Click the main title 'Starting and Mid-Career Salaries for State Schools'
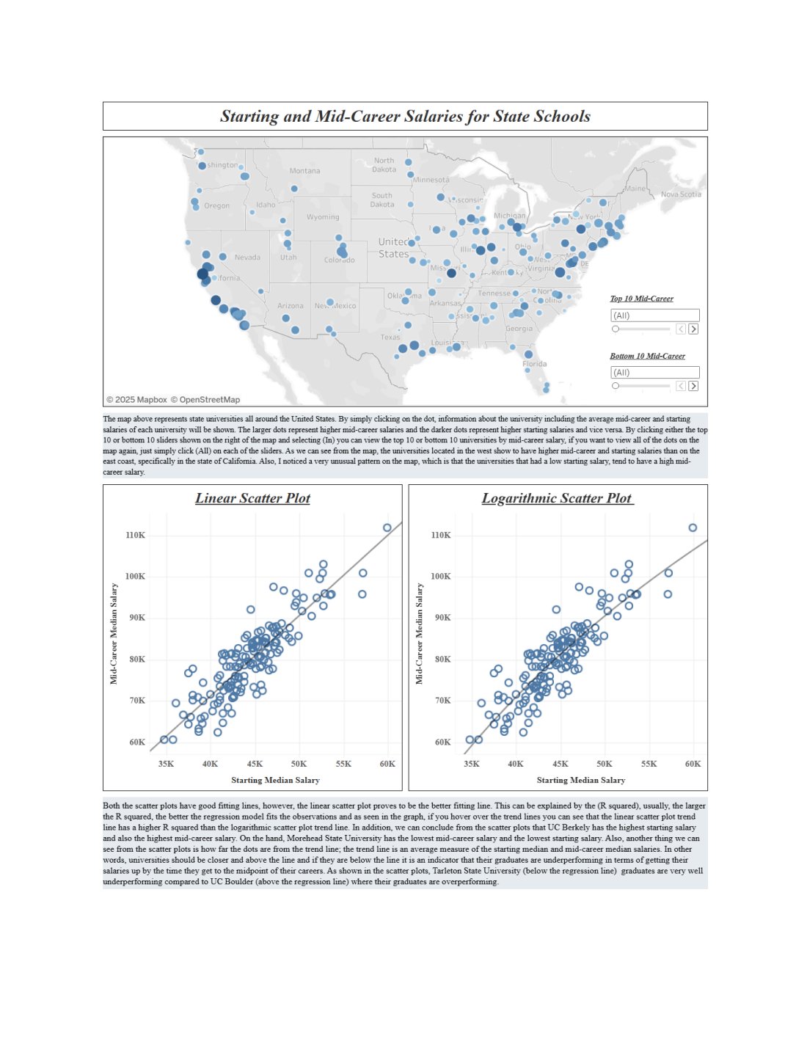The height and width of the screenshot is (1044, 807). pyautogui.click(x=405, y=116)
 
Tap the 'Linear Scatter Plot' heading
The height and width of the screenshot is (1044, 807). pyautogui.click(x=252, y=498)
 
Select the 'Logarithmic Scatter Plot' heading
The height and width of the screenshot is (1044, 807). pyautogui.click(x=558, y=498)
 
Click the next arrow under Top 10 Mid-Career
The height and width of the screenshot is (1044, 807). pyautogui.click(x=693, y=329)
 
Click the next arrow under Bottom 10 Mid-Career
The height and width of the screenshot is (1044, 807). pyautogui.click(x=693, y=386)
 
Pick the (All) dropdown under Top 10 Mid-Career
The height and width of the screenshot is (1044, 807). pyautogui.click(x=654, y=315)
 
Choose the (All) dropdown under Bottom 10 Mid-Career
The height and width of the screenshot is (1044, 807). pyautogui.click(x=654, y=373)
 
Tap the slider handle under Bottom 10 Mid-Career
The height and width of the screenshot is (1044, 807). pyautogui.click(x=616, y=386)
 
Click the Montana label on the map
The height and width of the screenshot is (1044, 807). pyautogui.click(x=304, y=171)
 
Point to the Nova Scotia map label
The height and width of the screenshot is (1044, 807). pyautogui.click(x=681, y=194)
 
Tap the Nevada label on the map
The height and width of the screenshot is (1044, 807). pyautogui.click(x=247, y=258)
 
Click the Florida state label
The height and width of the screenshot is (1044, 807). pyautogui.click(x=534, y=364)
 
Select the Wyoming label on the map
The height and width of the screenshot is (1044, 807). pyautogui.click(x=323, y=217)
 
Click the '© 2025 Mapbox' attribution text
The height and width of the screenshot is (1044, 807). pyautogui.click(x=136, y=400)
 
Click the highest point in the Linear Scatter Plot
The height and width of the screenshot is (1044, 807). pyautogui.click(x=387, y=528)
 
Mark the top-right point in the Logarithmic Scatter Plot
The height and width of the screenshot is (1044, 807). pyautogui.click(x=693, y=528)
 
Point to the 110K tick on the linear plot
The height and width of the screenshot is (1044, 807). pyautogui.click(x=135, y=536)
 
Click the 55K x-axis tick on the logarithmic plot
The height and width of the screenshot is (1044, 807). pyautogui.click(x=649, y=764)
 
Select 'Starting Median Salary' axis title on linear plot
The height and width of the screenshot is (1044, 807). pyautogui.click(x=275, y=780)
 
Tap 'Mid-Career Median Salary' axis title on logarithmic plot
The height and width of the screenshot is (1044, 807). pyautogui.click(x=419, y=634)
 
